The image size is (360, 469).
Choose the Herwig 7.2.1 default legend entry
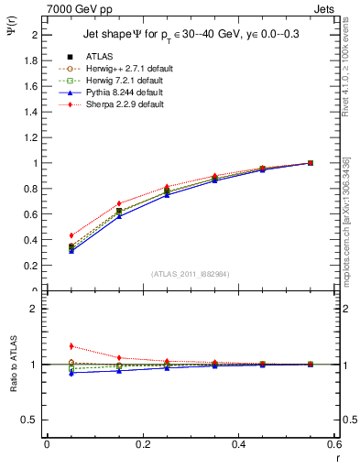(115, 81)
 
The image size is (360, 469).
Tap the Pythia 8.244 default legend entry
(115, 93)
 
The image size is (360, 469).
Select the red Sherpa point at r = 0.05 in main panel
(71, 235)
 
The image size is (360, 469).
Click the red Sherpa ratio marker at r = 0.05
(71, 346)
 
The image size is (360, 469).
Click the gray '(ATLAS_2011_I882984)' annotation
(191, 274)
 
